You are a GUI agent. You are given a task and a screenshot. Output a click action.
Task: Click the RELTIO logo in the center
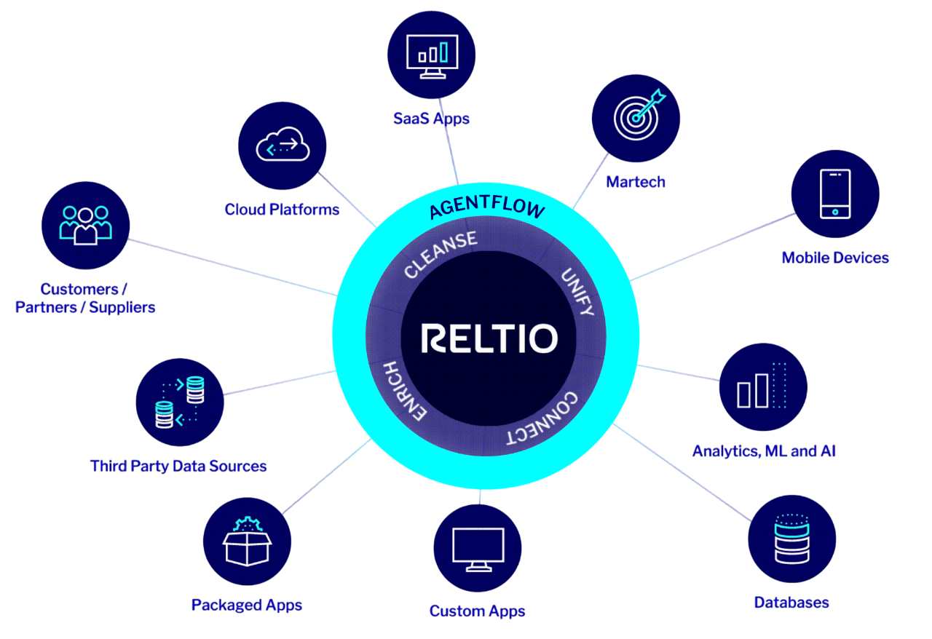[x=489, y=338]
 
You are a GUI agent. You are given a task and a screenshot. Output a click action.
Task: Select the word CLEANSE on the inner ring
[x=441, y=254]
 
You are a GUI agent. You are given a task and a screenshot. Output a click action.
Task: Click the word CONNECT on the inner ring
[x=543, y=419]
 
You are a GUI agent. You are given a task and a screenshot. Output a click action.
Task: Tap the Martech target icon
[x=636, y=117]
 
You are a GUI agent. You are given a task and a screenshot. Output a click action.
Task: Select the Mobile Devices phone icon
[x=834, y=194]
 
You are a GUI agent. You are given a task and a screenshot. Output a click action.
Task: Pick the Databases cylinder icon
[x=791, y=539]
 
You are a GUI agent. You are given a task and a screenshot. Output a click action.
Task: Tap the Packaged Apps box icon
[x=247, y=541]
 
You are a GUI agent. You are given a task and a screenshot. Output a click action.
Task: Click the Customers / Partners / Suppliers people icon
[x=85, y=224]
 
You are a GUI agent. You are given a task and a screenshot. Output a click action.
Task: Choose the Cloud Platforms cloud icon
[x=283, y=146]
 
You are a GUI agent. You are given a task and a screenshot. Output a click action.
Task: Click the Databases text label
[x=791, y=603]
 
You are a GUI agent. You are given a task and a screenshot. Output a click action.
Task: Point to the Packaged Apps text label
[x=247, y=606]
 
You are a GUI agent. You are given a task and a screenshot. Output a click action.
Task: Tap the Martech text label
[x=636, y=182]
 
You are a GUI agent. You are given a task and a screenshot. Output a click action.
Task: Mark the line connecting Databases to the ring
[x=684, y=474]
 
